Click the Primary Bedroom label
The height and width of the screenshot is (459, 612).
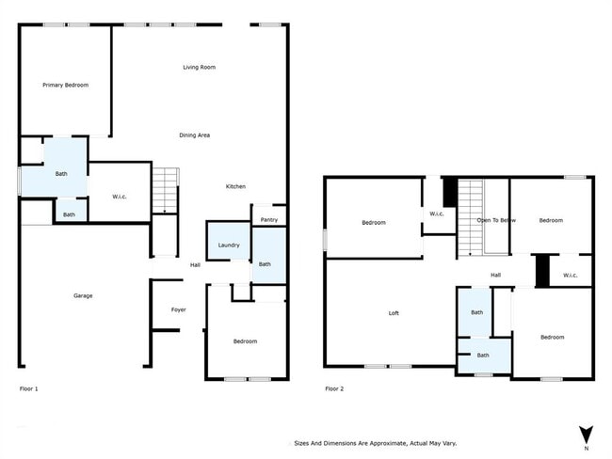(x=65, y=86)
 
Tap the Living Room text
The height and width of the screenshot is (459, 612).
(x=199, y=68)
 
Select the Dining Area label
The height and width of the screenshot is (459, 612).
(x=194, y=135)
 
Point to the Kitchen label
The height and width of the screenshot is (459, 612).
(x=235, y=186)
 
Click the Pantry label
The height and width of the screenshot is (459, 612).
(x=269, y=220)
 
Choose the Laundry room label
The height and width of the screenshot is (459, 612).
(x=228, y=245)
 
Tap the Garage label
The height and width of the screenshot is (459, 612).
(x=83, y=296)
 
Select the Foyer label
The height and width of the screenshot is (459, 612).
(x=178, y=309)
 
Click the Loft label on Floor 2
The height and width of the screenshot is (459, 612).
(x=395, y=313)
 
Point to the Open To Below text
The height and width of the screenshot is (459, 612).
(x=496, y=220)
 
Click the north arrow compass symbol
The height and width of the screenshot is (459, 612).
(x=586, y=434)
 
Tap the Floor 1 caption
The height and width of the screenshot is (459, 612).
(x=29, y=388)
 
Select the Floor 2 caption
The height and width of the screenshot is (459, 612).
(x=334, y=388)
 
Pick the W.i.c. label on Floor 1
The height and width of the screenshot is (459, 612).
(x=120, y=197)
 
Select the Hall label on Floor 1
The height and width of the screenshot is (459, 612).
(x=195, y=265)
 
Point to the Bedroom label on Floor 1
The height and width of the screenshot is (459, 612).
(x=245, y=341)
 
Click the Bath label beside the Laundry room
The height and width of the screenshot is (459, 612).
(x=266, y=264)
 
